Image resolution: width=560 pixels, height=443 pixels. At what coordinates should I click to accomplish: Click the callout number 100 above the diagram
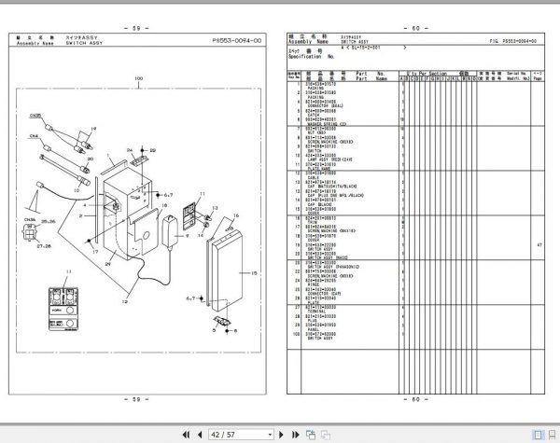point(138,77)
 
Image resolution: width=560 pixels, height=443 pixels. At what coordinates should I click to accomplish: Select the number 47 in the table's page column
point(539,245)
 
